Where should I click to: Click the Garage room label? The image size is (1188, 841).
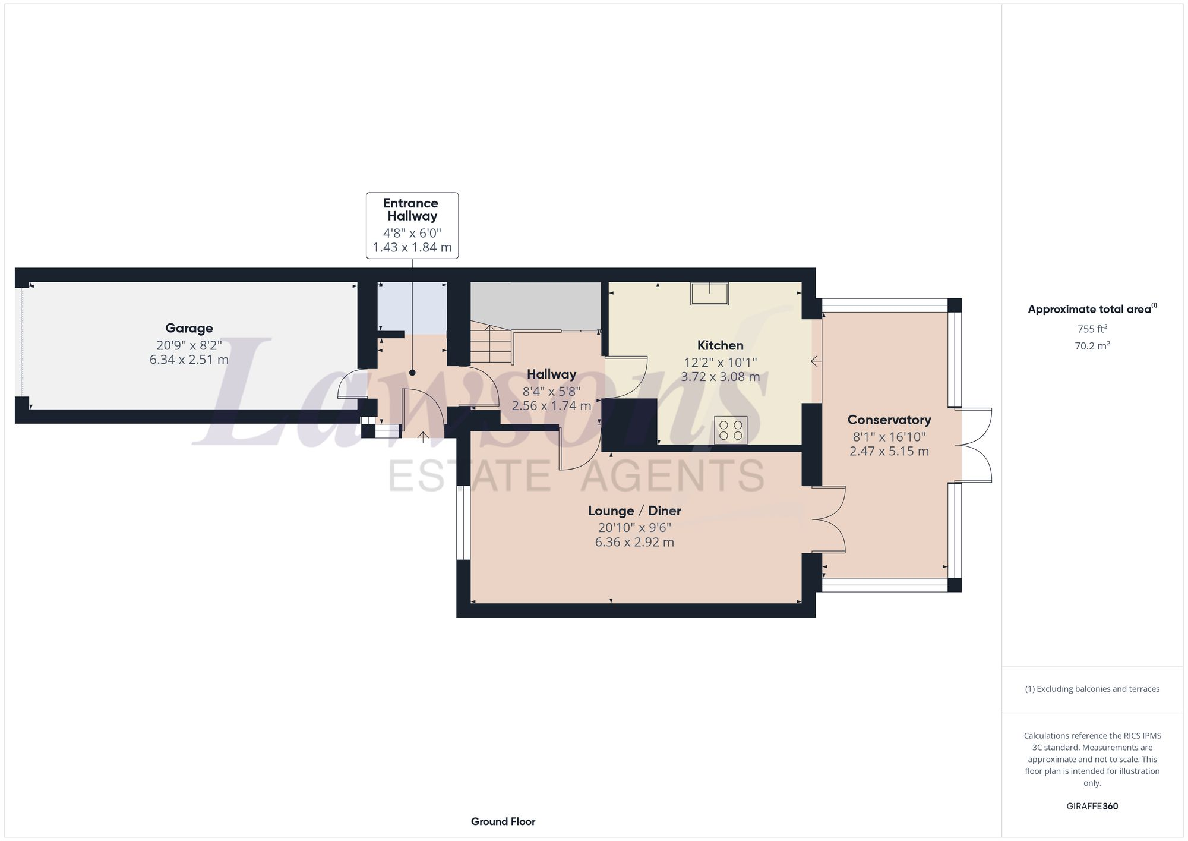[189, 328]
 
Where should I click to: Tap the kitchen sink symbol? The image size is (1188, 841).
[709, 294]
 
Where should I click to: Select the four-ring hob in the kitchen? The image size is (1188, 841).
[731, 430]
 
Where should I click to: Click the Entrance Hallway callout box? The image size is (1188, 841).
[412, 225]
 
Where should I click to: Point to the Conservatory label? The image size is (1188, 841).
[889, 420]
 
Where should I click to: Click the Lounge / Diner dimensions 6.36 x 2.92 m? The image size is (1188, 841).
[634, 542]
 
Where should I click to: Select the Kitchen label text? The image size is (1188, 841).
[720, 345]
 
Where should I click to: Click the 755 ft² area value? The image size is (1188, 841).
[1092, 329]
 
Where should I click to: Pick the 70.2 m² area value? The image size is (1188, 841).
[1092, 346]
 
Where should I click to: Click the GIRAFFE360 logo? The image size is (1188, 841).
[1092, 807]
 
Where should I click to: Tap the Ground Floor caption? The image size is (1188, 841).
[503, 821]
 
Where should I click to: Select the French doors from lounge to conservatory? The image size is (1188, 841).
[829, 519]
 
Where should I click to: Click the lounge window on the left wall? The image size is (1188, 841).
[463, 522]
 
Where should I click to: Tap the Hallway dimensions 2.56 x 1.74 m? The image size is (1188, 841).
[551, 406]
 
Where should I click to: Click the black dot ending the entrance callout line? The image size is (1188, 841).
[412, 373]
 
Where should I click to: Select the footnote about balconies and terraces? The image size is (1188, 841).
[1092, 689]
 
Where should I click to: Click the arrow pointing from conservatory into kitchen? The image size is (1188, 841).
[816, 361]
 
